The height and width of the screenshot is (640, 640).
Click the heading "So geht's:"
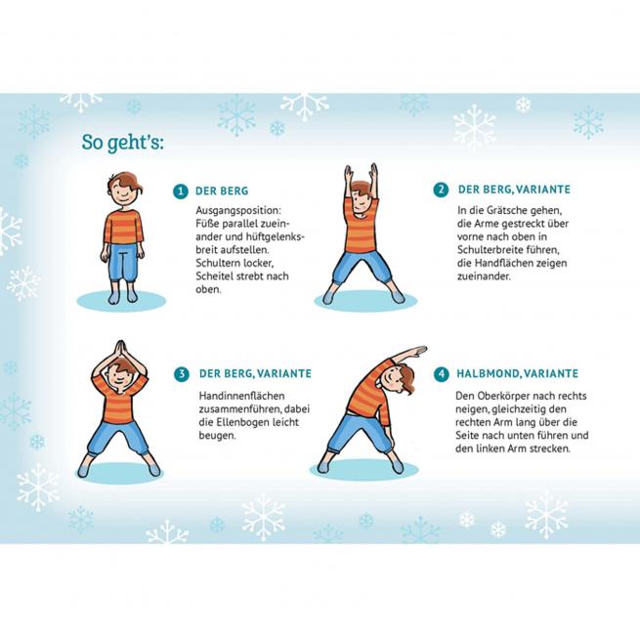(122, 143)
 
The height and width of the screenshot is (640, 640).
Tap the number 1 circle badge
(181, 191)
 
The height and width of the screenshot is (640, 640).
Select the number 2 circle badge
(441, 190)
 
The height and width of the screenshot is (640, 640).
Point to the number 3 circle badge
(182, 374)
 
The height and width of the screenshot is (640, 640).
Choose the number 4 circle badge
(441, 374)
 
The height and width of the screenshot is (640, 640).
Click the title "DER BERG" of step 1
(222, 191)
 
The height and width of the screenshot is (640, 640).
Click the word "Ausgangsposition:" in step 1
(238, 211)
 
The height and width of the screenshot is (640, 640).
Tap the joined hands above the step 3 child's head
(119, 350)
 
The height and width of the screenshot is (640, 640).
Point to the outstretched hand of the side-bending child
(416, 351)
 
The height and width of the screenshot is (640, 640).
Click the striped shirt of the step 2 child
(361, 227)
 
